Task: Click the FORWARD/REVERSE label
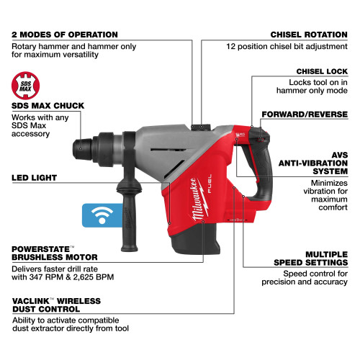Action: pos(307,114)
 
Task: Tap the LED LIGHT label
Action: pos(35,177)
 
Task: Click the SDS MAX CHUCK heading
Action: pos(48,106)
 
